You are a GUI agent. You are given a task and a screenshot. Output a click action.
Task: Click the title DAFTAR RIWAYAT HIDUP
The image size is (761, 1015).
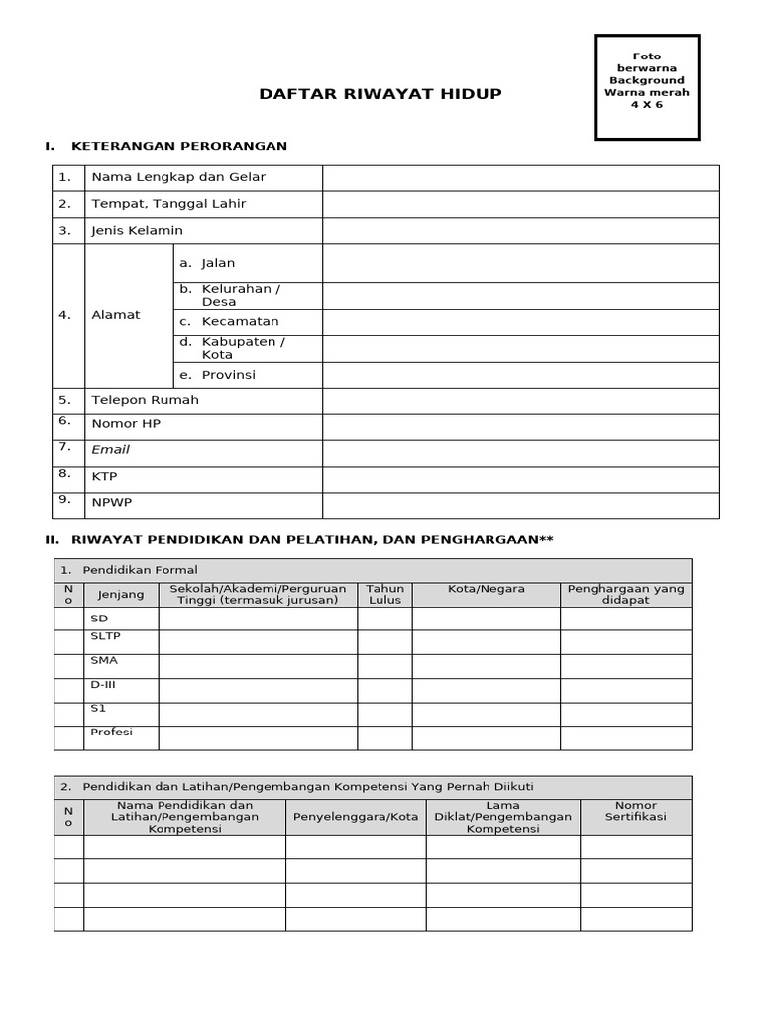[380, 94]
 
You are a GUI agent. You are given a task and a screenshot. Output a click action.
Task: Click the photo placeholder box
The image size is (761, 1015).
[646, 86]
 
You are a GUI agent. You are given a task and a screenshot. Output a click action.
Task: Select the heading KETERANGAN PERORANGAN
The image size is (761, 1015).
[178, 146]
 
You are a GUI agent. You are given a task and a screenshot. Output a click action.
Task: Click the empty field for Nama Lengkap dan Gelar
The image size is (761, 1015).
[520, 178]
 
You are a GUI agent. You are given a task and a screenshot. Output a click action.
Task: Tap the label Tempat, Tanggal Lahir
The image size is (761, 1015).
[168, 204]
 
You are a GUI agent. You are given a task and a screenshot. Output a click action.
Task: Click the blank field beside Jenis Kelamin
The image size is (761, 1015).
[520, 231]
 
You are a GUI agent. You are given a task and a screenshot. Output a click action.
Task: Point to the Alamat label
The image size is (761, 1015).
[116, 315]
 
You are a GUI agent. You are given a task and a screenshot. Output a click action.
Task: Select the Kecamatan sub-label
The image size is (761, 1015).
[240, 322]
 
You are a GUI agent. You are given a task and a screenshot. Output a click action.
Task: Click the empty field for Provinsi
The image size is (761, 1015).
[520, 375]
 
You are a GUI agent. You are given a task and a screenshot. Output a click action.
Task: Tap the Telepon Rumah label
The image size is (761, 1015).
[145, 400]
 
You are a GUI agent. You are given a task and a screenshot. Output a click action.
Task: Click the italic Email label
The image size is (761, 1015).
[110, 450]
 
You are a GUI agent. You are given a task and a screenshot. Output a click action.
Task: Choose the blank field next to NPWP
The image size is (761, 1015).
[520, 505]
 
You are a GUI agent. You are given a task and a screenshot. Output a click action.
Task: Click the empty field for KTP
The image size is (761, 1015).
[520, 479]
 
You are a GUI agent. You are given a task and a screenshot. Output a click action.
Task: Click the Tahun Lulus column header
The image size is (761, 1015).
[384, 594]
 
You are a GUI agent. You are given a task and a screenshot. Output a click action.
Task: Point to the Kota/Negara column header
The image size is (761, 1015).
[486, 589]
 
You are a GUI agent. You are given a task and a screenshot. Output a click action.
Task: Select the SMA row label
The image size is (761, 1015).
[104, 660]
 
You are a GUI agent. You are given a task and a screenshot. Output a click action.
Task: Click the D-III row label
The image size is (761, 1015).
[104, 685]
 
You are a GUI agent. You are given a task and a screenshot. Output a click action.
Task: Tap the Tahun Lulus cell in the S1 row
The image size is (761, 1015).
[384, 714]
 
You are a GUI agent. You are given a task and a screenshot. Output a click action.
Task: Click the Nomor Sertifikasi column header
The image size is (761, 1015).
[635, 812]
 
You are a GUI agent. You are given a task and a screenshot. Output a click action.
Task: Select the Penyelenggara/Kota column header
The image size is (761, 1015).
[356, 817]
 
